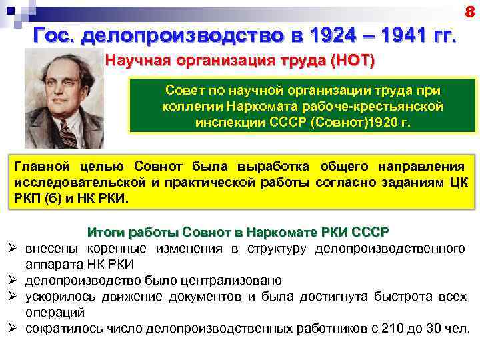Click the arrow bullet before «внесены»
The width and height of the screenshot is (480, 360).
pos(13,249)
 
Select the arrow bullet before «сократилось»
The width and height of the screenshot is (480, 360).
pos(13,328)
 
